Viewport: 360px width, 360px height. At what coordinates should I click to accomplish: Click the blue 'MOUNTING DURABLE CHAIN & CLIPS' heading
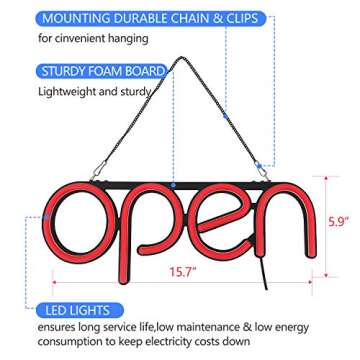click(x=134, y=17)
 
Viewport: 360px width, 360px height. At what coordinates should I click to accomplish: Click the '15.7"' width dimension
click(x=180, y=269)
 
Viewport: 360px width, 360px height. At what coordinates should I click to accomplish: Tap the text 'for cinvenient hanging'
click(x=80, y=38)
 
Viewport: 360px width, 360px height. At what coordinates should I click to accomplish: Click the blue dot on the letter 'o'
click(x=45, y=213)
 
